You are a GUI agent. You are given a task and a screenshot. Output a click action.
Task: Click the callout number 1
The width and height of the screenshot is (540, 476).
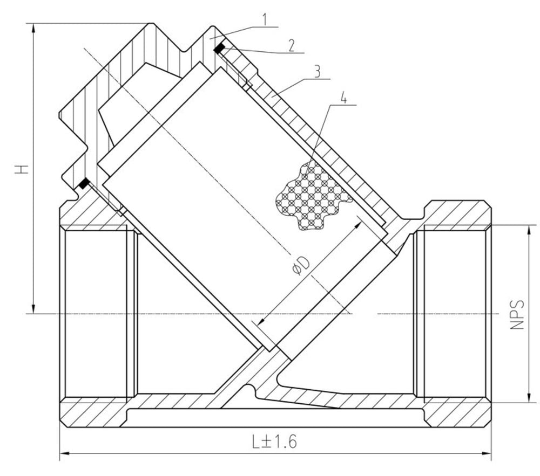(x=265, y=19)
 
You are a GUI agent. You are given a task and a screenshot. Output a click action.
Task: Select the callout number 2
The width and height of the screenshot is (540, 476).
(x=292, y=45)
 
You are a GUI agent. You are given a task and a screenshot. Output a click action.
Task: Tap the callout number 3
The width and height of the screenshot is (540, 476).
(x=317, y=72)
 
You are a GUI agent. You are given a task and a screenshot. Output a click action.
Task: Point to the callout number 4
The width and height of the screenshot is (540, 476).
(x=343, y=98)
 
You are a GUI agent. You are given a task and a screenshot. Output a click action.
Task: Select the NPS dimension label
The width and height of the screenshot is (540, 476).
(x=517, y=315)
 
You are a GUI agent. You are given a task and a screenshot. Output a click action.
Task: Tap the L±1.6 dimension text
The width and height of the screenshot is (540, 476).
(x=274, y=441)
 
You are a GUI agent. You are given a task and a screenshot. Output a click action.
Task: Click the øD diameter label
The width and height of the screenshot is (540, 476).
(x=301, y=265)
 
